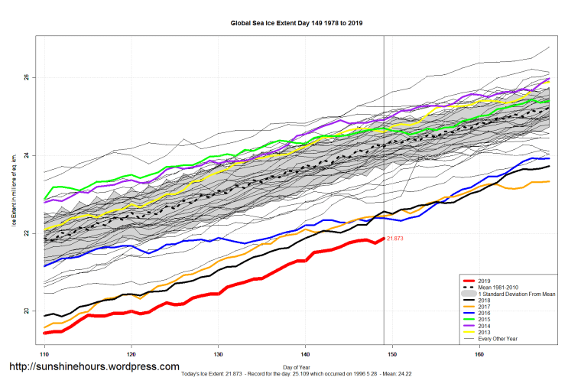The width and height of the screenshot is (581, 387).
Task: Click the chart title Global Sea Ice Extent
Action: click(x=296, y=23)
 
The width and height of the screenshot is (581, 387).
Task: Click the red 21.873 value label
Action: click(x=396, y=239)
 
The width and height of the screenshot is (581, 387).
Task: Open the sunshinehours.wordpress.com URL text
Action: click(x=94, y=367)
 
